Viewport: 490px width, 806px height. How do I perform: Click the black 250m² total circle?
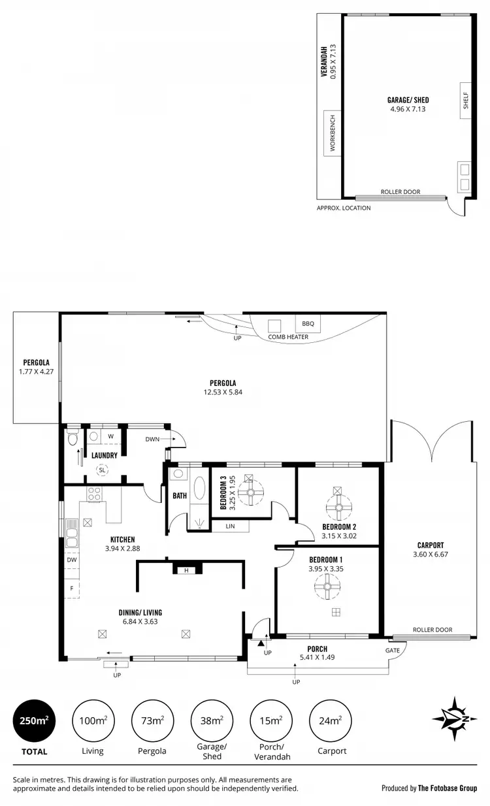coord(34,720)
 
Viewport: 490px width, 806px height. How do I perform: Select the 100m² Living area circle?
coord(93,720)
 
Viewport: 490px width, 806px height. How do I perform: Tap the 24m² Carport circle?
coord(329,720)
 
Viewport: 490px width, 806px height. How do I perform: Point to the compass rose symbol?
coord(450,719)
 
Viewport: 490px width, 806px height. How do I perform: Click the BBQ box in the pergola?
coord(308,323)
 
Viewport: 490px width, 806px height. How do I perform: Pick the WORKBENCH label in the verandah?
coord(333,133)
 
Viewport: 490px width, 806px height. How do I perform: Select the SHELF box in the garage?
coord(466,101)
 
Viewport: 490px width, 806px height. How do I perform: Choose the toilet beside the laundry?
coord(72,438)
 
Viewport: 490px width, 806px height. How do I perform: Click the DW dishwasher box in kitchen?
coord(71,560)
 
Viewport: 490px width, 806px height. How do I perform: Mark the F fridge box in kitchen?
coord(71,588)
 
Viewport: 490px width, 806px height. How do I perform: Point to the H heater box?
coord(186,570)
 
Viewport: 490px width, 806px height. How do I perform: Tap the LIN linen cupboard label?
coord(230,526)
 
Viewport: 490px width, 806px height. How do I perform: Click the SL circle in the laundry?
coord(102,469)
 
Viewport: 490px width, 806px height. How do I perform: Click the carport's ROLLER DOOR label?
coord(432,630)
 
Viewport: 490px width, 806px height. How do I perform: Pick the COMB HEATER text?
coord(288,337)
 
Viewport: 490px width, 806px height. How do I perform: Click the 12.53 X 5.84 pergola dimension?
coord(223,393)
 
